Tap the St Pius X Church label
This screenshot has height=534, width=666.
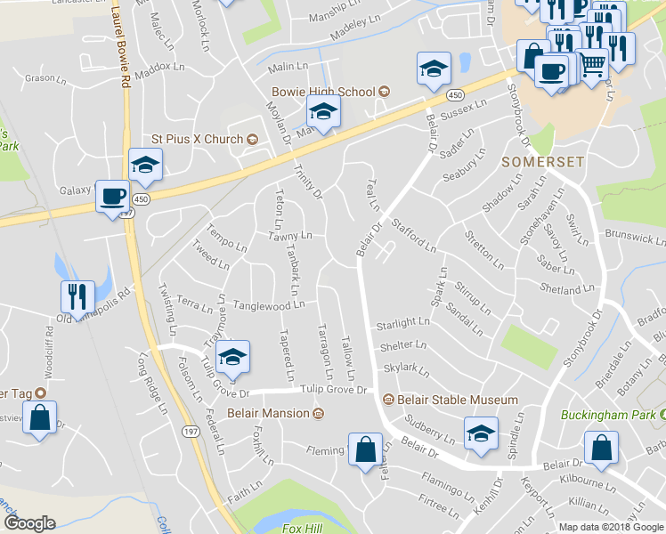coord(197,139)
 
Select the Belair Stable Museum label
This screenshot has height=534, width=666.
coord(456,400)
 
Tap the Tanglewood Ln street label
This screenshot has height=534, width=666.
coord(269,305)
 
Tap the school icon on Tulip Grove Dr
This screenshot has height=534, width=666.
coord(233,357)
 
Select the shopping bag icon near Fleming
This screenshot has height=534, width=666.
coord(365,449)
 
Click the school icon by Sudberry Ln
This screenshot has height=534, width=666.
coord(481,434)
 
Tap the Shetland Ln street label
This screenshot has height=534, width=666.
coord(566,289)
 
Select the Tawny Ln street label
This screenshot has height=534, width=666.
coord(290,236)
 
